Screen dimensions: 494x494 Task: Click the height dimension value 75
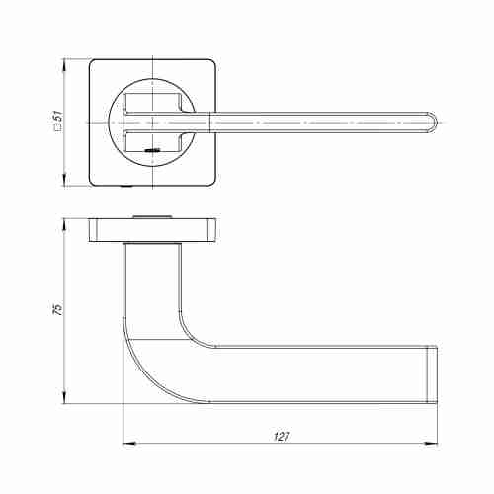tap(57, 309)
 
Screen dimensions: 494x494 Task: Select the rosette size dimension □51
tap(57, 122)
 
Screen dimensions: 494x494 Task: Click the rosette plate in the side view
tap(154, 229)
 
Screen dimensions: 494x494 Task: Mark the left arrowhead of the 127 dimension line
tap(125, 442)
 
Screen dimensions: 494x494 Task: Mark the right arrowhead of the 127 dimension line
tap(439, 442)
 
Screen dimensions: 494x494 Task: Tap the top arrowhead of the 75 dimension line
tap(65, 220)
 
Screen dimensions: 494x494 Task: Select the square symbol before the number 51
tap(57, 131)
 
